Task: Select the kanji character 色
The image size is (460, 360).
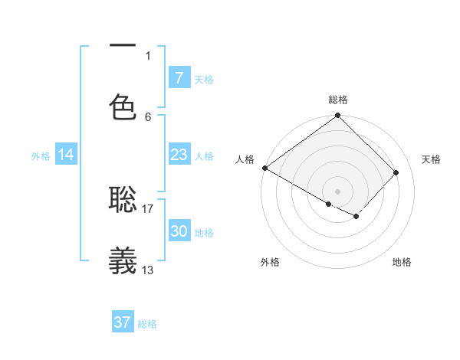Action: tap(123, 108)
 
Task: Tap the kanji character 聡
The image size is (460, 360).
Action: tap(123, 200)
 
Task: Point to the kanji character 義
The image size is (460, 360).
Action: tap(123, 260)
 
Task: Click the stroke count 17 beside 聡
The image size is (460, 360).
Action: tap(148, 208)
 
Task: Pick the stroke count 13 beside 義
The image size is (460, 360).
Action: tap(148, 269)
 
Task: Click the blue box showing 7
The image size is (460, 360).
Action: tap(179, 78)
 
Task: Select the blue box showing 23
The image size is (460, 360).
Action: tap(179, 155)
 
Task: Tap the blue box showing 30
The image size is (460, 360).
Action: tap(179, 231)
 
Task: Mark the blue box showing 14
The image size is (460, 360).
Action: tap(66, 155)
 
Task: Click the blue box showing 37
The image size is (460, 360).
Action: tap(123, 322)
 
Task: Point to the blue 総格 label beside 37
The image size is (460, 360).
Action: tap(148, 324)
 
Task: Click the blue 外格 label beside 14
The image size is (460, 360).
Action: tap(41, 156)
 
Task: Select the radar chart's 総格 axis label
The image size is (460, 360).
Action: tap(338, 100)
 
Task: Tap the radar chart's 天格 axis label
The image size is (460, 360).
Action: tap(432, 159)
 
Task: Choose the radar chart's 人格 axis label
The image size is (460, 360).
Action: tap(245, 159)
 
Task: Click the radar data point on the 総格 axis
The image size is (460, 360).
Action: tap(338, 116)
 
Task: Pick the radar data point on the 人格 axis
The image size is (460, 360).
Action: tap(264, 168)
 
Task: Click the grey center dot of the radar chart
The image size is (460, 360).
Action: tap(338, 191)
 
